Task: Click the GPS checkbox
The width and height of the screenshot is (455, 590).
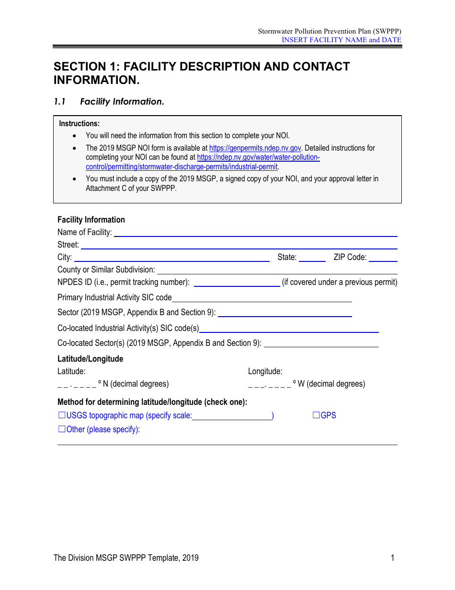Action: click(x=316, y=415)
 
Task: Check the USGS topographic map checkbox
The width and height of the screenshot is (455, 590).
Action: click(x=61, y=415)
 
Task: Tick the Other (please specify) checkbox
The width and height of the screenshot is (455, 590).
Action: click(x=61, y=429)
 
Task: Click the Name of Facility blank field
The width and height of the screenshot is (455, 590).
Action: click(x=255, y=233)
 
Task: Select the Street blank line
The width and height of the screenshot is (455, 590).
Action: click(x=239, y=245)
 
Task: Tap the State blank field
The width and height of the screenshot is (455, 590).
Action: click(x=312, y=258)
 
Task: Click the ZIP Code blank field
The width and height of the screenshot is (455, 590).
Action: click(x=383, y=258)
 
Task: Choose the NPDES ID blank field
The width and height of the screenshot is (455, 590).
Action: click(x=237, y=283)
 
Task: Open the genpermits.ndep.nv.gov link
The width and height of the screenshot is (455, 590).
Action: click(x=255, y=148)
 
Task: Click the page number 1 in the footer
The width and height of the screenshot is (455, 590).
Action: click(x=392, y=558)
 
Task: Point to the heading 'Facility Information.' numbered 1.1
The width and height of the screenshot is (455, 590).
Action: click(x=122, y=102)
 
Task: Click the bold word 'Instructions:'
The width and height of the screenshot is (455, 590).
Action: click(x=80, y=124)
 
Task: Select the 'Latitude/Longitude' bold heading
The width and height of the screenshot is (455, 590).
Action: click(x=90, y=359)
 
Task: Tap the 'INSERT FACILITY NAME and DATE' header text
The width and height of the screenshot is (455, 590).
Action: click(x=341, y=40)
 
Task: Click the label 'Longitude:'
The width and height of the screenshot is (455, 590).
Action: click(x=265, y=371)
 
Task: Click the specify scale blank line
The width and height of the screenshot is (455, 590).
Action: click(x=232, y=416)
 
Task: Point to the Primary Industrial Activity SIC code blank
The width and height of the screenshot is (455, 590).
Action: click(x=262, y=298)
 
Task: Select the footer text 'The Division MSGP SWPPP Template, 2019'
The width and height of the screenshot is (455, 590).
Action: click(x=126, y=558)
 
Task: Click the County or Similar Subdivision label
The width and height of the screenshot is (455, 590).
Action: click(x=106, y=270)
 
